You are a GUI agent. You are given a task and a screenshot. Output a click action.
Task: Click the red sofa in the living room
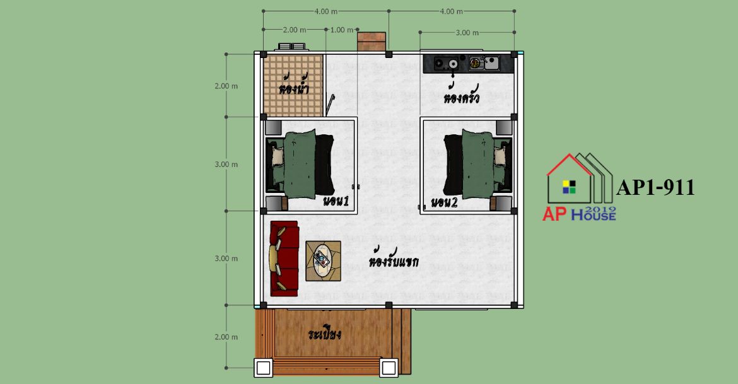tap(284, 259)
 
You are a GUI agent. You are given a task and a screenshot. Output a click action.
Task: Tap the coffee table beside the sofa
tap(324, 261)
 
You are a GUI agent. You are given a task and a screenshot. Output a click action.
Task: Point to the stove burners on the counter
tap(446, 63)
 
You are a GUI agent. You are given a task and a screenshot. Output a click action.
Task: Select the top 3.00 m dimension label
tap(467, 32)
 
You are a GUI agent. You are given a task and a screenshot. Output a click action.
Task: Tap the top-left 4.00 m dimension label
tap(325, 11)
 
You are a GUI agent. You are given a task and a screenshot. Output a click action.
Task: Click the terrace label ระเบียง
tap(324, 334)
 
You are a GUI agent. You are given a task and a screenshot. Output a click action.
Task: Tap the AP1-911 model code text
tap(655, 187)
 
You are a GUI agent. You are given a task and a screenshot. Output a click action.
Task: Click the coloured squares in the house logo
tap(569, 187)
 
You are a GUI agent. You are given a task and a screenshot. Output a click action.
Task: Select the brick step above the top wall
tap(372, 42)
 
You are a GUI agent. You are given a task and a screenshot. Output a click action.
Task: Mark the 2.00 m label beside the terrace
tap(226, 337)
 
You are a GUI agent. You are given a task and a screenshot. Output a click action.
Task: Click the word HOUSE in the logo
tap(594, 215)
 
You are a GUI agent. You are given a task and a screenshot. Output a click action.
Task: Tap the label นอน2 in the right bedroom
tap(444, 202)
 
